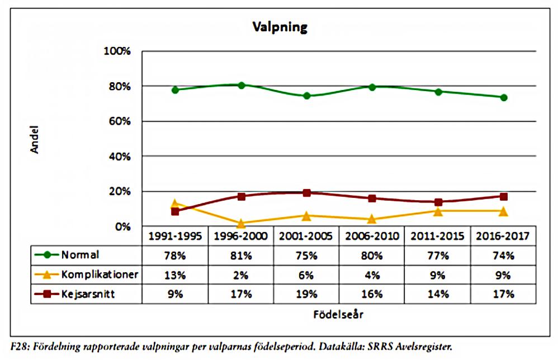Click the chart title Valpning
[279, 27]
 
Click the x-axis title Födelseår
[338, 314]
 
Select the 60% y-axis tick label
[119, 121]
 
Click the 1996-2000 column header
[241, 236]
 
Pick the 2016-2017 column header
[503, 236]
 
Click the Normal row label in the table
[81, 255]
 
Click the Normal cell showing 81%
[241, 255]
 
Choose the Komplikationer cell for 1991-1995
[175, 275]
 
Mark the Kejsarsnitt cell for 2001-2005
[306, 294]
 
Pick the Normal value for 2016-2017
[503, 255]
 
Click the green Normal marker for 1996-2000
[242, 85]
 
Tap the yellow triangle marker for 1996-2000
[242, 224]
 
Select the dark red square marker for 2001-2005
[306, 193]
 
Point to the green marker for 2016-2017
[504, 97]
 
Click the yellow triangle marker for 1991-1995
[175, 204]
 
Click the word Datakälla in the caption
[330, 347]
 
